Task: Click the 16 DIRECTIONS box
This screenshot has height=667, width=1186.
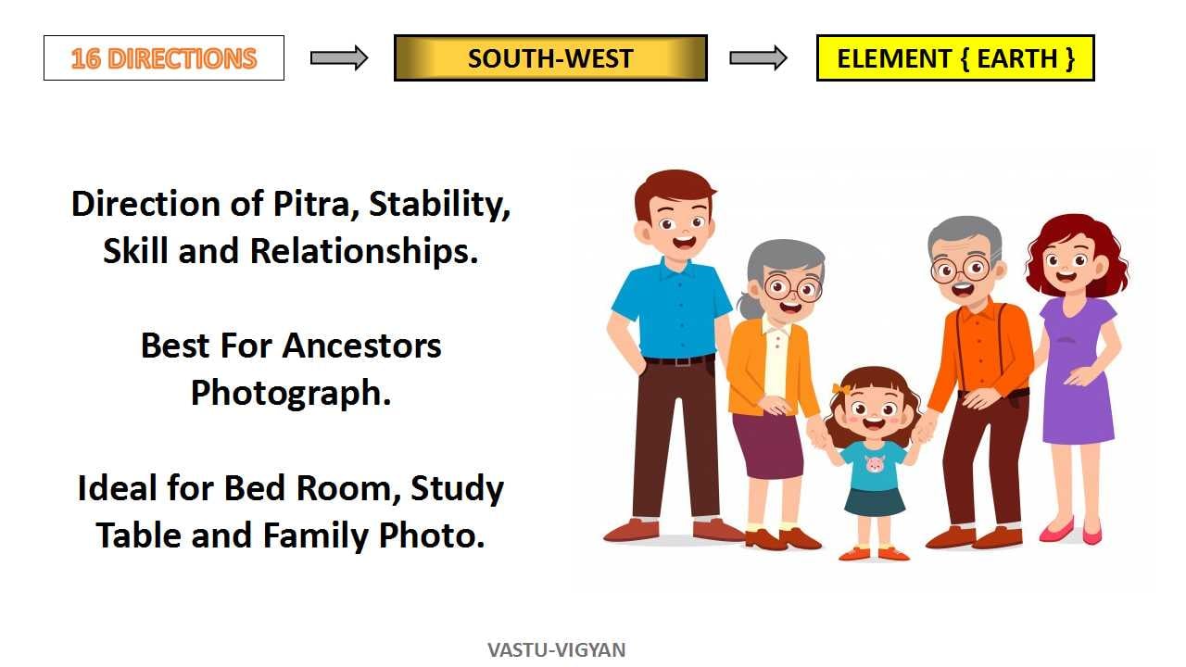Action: click(164, 57)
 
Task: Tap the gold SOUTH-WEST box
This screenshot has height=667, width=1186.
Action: click(550, 57)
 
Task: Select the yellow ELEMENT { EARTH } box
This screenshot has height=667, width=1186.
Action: click(955, 57)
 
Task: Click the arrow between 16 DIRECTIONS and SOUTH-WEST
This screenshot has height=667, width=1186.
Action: click(339, 57)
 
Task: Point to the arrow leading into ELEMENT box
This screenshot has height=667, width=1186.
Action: click(758, 57)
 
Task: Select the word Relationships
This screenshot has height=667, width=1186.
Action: click(364, 251)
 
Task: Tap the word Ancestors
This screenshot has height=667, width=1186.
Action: click(361, 346)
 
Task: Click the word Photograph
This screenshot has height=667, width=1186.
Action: click(291, 394)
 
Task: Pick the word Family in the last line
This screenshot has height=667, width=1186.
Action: click(316, 535)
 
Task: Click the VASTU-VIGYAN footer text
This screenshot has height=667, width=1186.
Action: click(557, 649)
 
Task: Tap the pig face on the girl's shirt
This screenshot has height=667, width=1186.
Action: click(874, 464)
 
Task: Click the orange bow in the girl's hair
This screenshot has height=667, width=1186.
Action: click(841, 390)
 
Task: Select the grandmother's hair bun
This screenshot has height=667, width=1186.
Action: click(747, 306)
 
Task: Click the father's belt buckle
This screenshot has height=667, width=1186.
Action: click(682, 361)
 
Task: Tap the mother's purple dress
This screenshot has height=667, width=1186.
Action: click(1077, 371)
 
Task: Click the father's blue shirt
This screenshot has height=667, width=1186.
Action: click(673, 309)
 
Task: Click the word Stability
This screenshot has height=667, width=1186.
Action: click(439, 205)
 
